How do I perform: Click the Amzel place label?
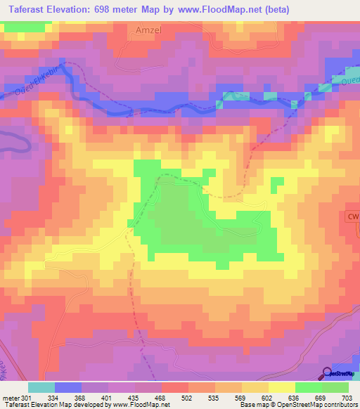[148, 31]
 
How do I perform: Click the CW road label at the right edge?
[352, 218]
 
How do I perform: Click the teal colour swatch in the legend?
[41, 387]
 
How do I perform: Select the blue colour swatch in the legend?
[68, 387]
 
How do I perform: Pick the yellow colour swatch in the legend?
[282, 387]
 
